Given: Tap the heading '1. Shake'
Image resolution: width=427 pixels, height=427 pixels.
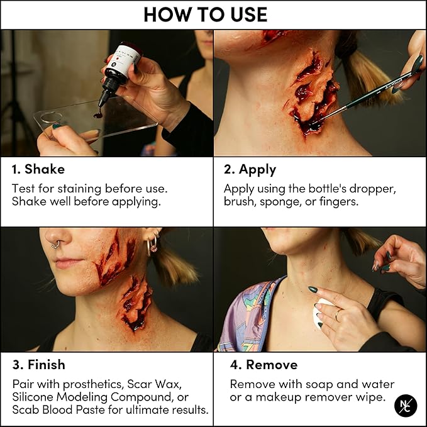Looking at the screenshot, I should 38,170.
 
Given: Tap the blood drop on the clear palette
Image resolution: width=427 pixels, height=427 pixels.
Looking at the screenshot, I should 97,114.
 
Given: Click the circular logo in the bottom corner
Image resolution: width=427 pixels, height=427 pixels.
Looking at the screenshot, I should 406,405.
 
